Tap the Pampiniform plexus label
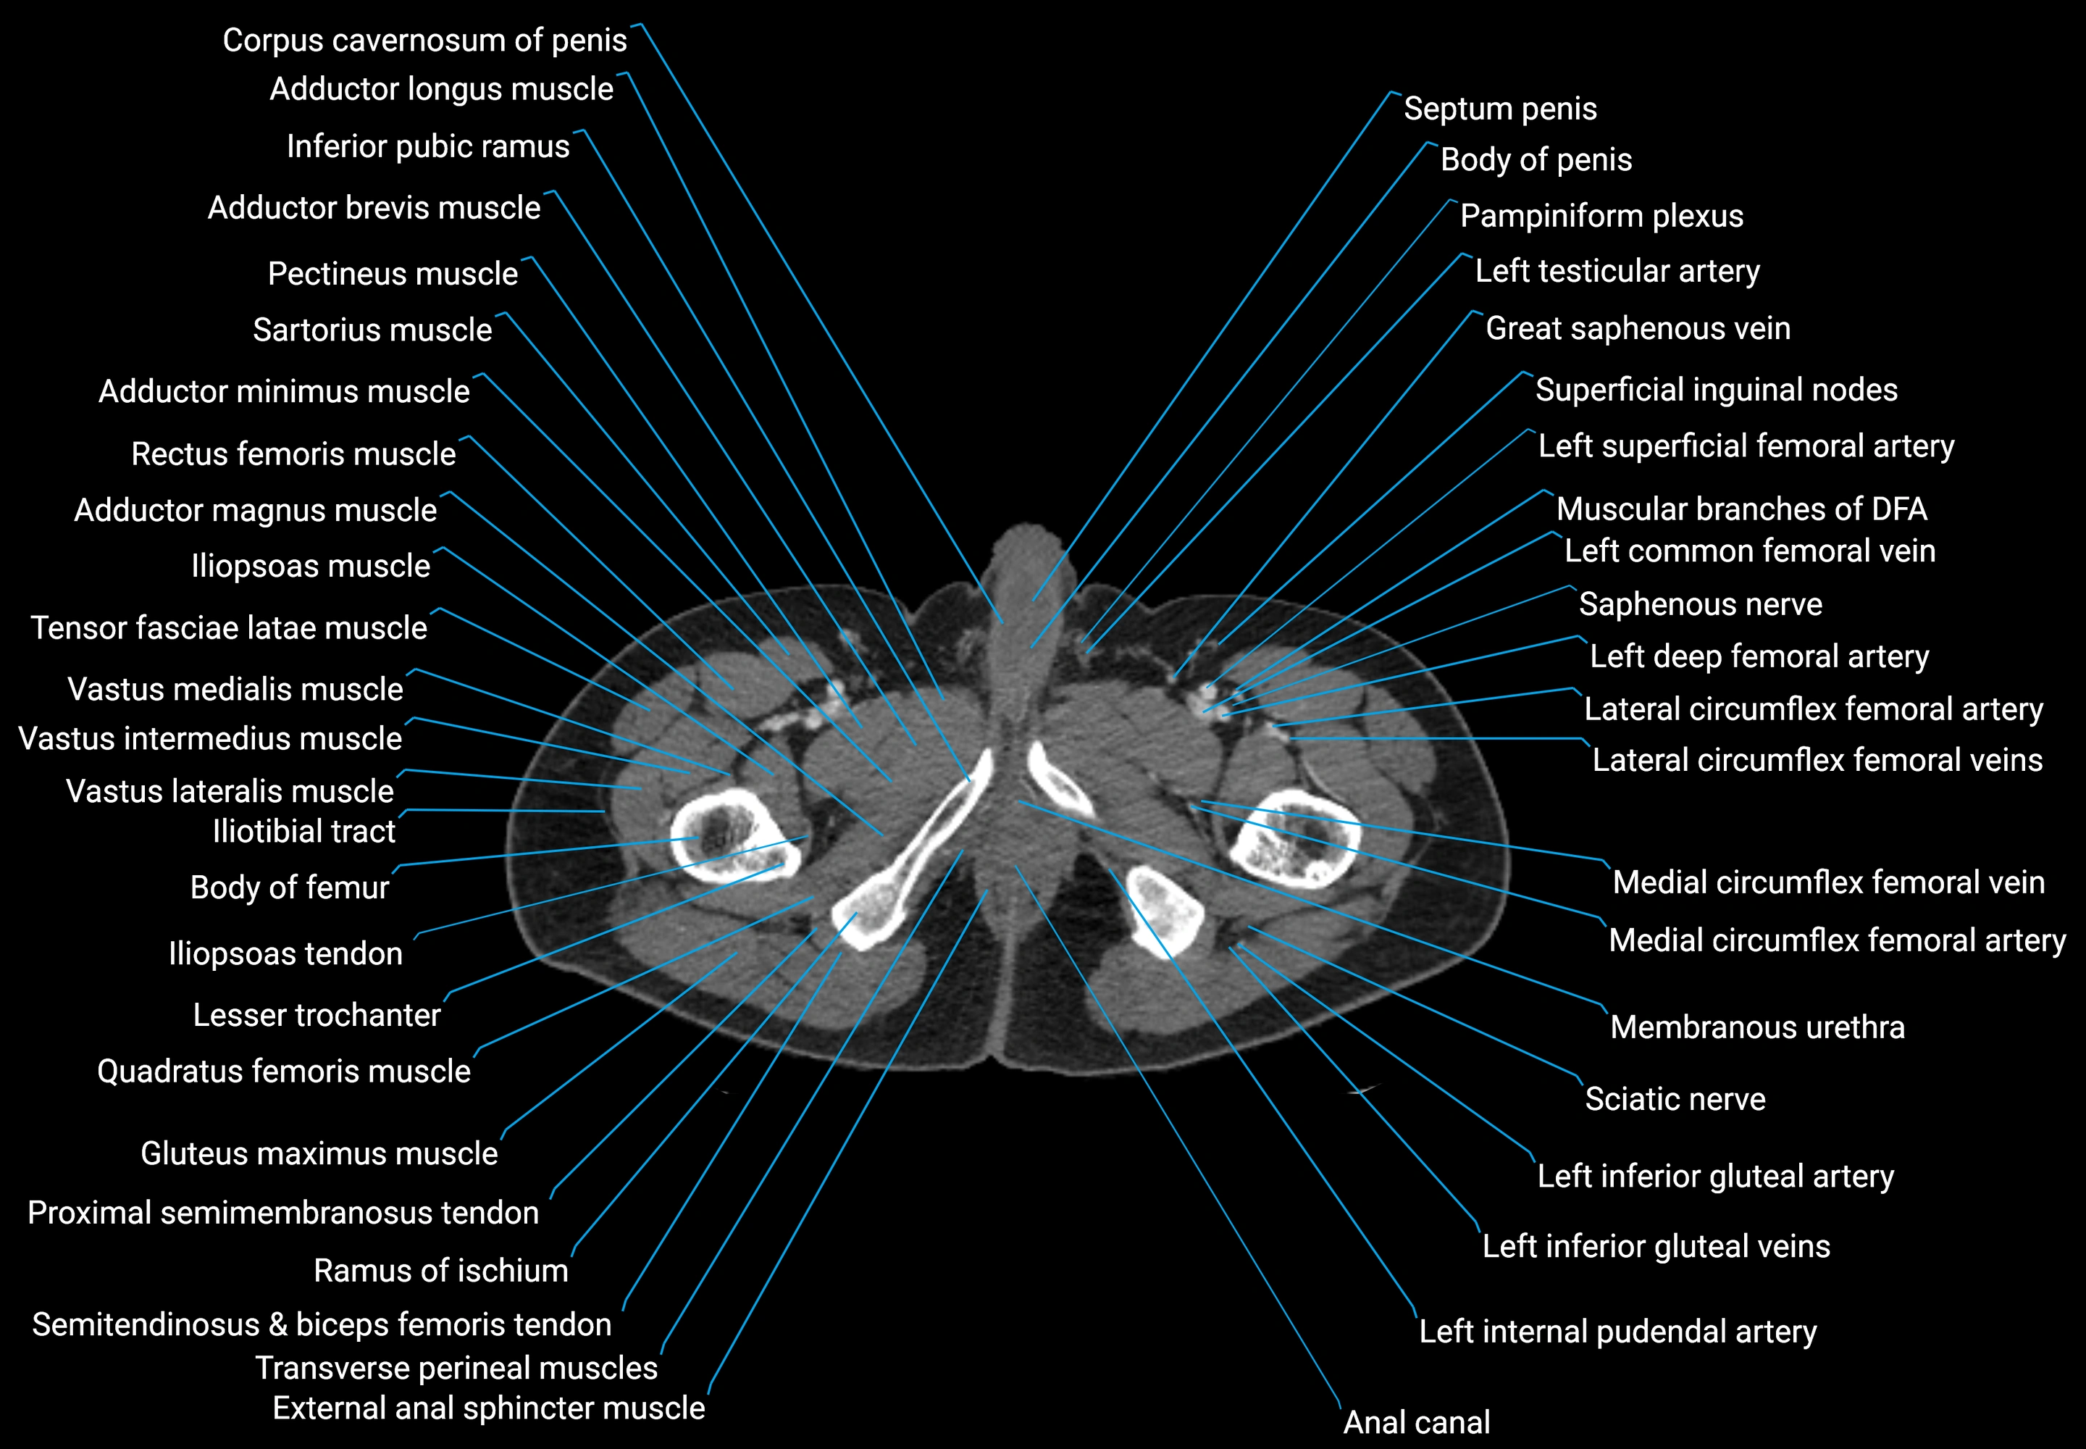(1601, 216)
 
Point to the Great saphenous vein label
(1638, 329)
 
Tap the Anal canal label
(1416, 1421)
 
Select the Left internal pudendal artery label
(1617, 1332)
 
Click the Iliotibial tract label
(303, 832)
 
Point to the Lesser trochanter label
(316, 1015)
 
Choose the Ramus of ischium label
(440, 1271)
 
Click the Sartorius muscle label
(372, 330)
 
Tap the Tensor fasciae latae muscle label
(229, 628)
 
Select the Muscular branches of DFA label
(1741, 509)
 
